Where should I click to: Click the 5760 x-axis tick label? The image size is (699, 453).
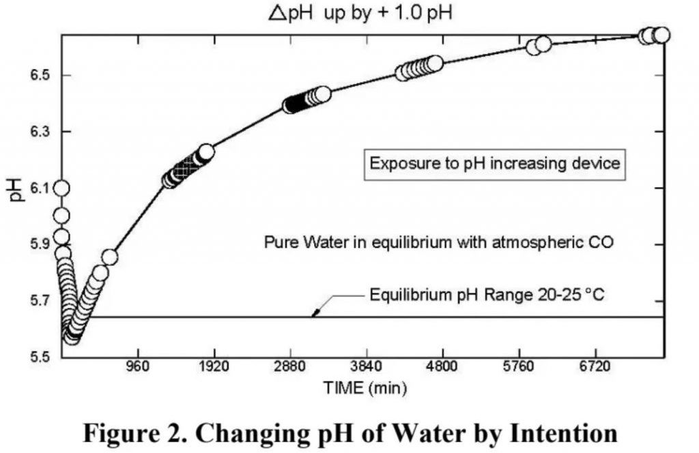(519, 369)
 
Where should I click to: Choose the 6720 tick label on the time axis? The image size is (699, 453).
(596, 369)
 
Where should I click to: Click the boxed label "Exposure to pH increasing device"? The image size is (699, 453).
(494, 164)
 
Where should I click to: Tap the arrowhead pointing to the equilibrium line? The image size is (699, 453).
(315, 314)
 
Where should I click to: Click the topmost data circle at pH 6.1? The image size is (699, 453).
(61, 188)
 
